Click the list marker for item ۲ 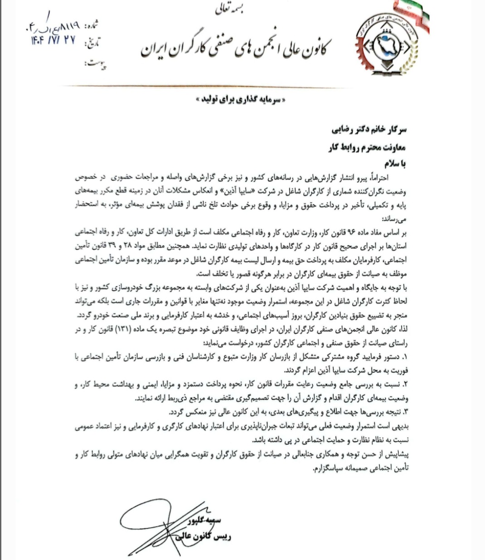pos(406,385)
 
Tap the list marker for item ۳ pos(406,412)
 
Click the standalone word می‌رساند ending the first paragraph pos(396,219)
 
